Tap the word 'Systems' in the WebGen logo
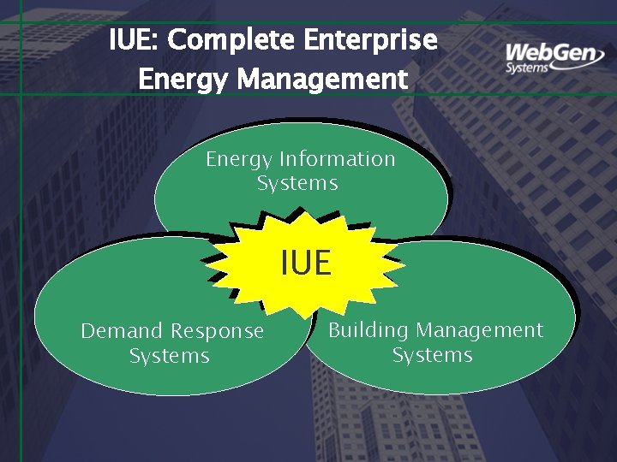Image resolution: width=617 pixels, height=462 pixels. click(526, 68)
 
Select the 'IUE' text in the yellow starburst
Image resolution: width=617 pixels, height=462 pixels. click(306, 263)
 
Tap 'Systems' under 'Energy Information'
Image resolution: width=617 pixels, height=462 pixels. click(297, 183)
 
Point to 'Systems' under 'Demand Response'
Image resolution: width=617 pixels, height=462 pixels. click(169, 355)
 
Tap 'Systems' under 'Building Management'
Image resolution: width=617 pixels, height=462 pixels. click(432, 354)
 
